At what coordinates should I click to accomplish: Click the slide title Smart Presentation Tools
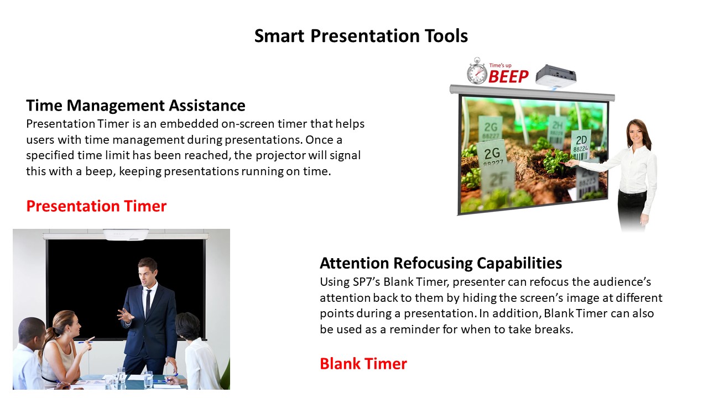(x=361, y=36)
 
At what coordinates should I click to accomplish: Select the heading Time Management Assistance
(x=136, y=106)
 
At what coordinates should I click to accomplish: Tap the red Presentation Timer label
(x=96, y=206)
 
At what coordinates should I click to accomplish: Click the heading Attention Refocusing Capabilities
(x=441, y=263)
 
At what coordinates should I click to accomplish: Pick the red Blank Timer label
(x=363, y=364)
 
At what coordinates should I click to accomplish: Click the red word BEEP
(x=508, y=76)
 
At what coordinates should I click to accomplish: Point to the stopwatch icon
(x=477, y=71)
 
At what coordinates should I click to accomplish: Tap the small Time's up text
(x=501, y=65)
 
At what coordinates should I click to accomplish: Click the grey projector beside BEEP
(x=556, y=75)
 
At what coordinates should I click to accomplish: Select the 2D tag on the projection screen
(x=581, y=140)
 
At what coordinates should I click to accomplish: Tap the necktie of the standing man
(x=148, y=302)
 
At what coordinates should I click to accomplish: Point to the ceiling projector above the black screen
(x=126, y=235)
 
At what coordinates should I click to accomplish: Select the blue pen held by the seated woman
(x=85, y=342)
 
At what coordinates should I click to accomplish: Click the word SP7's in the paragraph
(x=366, y=282)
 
